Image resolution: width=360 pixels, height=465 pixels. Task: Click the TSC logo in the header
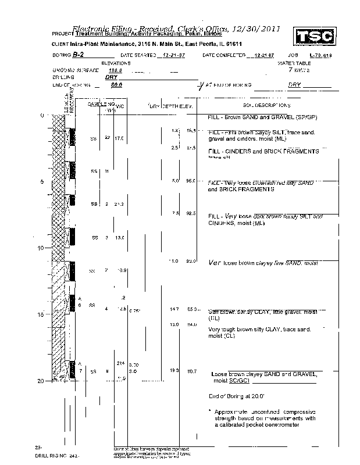click(x=314, y=36)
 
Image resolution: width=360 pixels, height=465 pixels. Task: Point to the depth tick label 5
click(x=42, y=182)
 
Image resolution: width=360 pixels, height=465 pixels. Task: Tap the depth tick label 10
click(x=41, y=248)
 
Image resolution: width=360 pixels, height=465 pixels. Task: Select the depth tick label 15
click(x=41, y=315)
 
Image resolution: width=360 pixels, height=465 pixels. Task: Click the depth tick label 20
click(x=41, y=381)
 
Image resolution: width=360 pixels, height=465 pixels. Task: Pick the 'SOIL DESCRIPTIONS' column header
click(x=266, y=105)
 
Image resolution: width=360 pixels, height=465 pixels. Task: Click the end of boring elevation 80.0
click(x=116, y=85)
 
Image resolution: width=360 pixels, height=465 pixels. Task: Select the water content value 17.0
click(x=119, y=138)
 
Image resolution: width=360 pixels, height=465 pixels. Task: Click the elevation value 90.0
click(x=190, y=262)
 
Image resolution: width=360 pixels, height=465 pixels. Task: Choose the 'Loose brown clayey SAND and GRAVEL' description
click(x=264, y=374)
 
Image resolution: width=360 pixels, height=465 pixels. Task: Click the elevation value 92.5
click(x=190, y=213)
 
